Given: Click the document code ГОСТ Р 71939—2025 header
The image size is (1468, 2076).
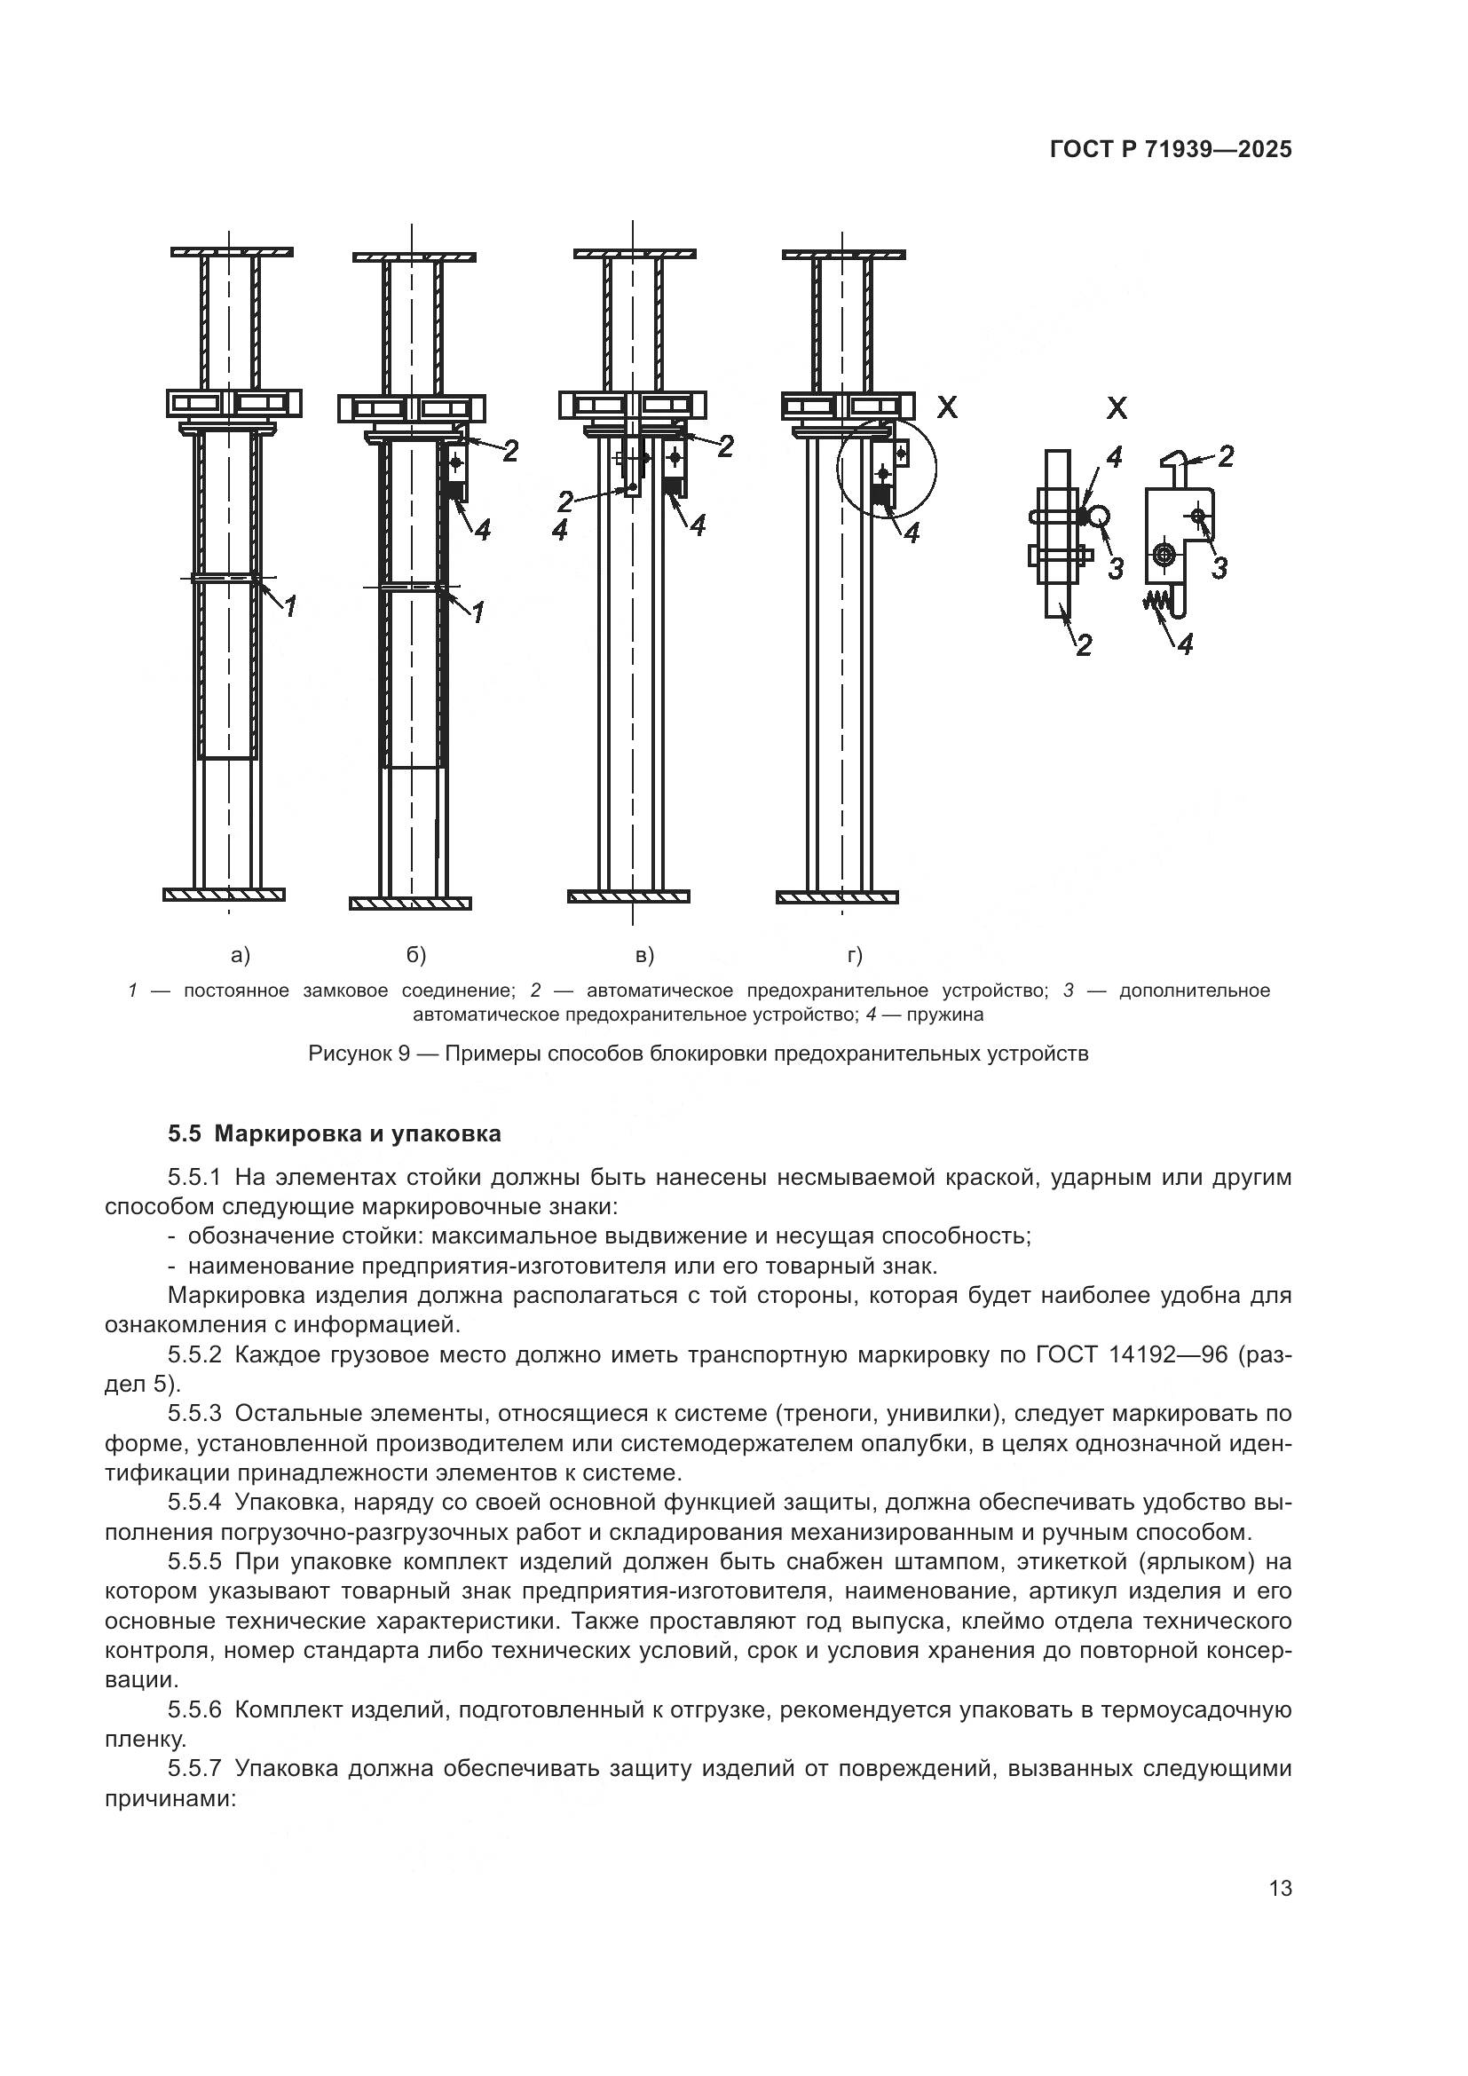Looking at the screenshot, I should pyautogui.click(x=1170, y=150).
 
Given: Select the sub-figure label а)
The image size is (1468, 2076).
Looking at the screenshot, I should pyautogui.click(x=241, y=955).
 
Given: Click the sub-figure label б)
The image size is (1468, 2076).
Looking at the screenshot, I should pyautogui.click(x=415, y=955).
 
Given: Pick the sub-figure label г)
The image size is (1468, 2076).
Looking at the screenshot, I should pyautogui.click(x=854, y=955).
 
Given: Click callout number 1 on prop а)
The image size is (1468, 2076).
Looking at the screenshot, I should pyautogui.click(x=290, y=607).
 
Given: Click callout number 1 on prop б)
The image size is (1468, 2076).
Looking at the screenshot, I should pyautogui.click(x=478, y=612).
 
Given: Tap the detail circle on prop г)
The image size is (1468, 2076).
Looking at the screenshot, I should pyautogui.click(x=887, y=469).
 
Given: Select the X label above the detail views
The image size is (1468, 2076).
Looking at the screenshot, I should pyautogui.click(x=1117, y=408).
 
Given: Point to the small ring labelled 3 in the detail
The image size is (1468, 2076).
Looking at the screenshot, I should pyautogui.click(x=1098, y=516).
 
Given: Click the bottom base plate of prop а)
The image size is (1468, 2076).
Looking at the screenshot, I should pyautogui.click(x=225, y=895).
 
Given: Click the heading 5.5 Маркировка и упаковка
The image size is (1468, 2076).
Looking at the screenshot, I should pyautogui.click(x=334, y=1133).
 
